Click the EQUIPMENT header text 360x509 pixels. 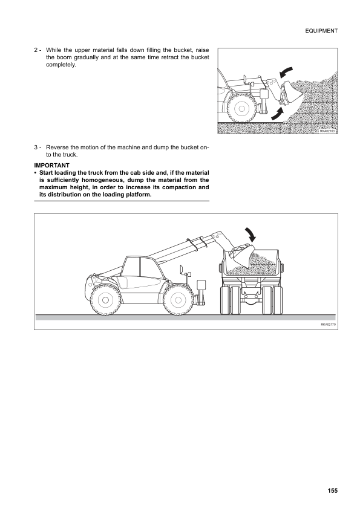321,31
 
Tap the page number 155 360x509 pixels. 332,490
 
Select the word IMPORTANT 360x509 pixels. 51,165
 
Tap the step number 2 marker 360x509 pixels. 38,50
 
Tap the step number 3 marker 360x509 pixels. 38,148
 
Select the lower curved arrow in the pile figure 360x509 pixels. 278,114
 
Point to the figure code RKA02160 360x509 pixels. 327,131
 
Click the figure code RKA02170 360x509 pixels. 328,324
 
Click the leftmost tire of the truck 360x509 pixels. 225,300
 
